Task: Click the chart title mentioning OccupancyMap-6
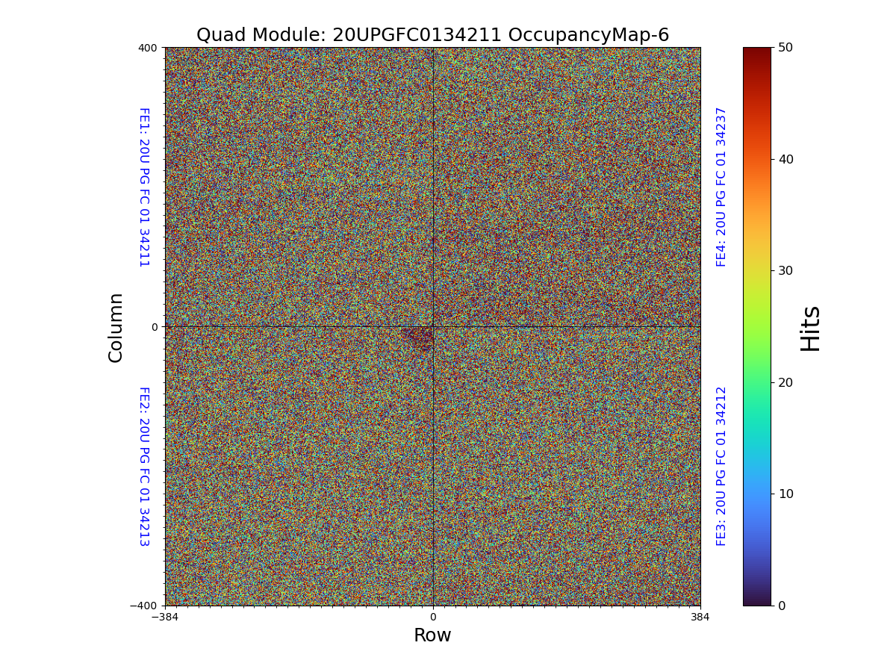point(432,35)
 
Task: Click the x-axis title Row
point(432,635)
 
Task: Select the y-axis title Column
point(116,327)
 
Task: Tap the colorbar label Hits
point(810,328)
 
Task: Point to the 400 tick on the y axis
point(147,48)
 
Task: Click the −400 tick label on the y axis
point(144,606)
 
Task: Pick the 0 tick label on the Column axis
point(155,327)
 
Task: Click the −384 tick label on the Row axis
point(165,617)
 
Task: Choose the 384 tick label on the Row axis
point(700,617)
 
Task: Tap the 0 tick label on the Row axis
point(432,617)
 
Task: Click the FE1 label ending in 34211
point(143,187)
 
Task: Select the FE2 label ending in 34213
point(143,466)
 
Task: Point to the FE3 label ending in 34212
point(721,466)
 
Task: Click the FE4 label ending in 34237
point(721,187)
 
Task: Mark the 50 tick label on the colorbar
point(785,47)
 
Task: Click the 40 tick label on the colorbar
point(785,159)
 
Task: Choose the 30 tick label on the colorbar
point(785,270)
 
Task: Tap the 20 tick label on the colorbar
point(785,382)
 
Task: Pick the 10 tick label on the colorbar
point(785,494)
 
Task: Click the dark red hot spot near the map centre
point(419,337)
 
